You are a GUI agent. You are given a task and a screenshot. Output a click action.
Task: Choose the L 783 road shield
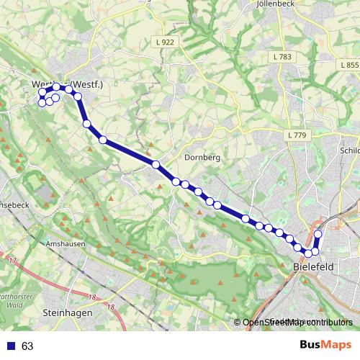click(282, 56)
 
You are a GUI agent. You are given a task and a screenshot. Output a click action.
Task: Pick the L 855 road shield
click(348, 65)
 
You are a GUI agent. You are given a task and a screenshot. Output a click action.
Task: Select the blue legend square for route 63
click(9, 346)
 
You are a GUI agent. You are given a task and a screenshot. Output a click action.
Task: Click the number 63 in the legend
click(27, 346)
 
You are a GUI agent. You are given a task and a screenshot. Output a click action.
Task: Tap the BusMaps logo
click(325, 346)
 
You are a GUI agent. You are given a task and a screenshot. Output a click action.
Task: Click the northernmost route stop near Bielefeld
click(318, 235)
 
